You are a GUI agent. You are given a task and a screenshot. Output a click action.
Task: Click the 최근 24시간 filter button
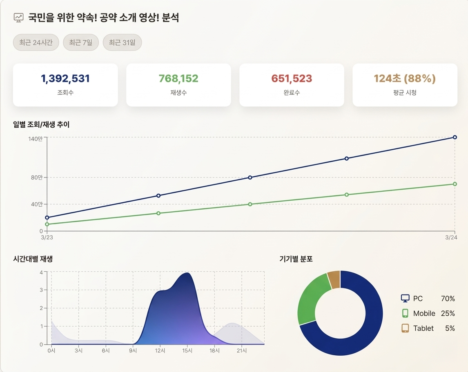coord(36,42)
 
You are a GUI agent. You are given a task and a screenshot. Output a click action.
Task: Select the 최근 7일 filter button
coord(81,42)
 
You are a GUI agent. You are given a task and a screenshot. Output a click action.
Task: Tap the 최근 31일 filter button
coord(122,42)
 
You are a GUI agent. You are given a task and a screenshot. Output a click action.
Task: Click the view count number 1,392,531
coord(65,78)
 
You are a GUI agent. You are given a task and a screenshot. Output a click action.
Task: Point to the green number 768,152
coord(178,78)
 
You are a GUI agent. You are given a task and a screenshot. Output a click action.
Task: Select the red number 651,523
coord(292,78)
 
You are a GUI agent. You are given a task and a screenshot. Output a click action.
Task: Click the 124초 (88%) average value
coord(405,78)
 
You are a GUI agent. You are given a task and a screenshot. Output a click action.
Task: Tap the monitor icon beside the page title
coord(18,18)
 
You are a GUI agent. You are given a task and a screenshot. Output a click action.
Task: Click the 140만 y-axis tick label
coord(36,139)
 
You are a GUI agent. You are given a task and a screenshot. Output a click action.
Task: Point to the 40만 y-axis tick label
coord(37,204)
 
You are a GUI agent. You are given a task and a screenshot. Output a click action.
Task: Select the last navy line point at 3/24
coord(455,137)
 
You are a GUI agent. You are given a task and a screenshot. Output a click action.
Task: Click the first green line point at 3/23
coord(47,224)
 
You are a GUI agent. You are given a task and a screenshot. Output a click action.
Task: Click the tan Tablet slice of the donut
coord(334,279)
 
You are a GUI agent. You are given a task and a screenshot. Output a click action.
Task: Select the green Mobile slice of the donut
coord(313,300)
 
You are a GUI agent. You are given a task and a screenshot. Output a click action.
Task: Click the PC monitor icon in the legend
coord(405,299)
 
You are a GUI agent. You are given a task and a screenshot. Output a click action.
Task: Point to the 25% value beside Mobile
coord(448,314)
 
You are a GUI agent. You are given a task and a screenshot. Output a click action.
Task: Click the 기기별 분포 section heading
coord(296,259)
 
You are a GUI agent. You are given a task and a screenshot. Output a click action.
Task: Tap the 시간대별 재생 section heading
coord(33,259)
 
